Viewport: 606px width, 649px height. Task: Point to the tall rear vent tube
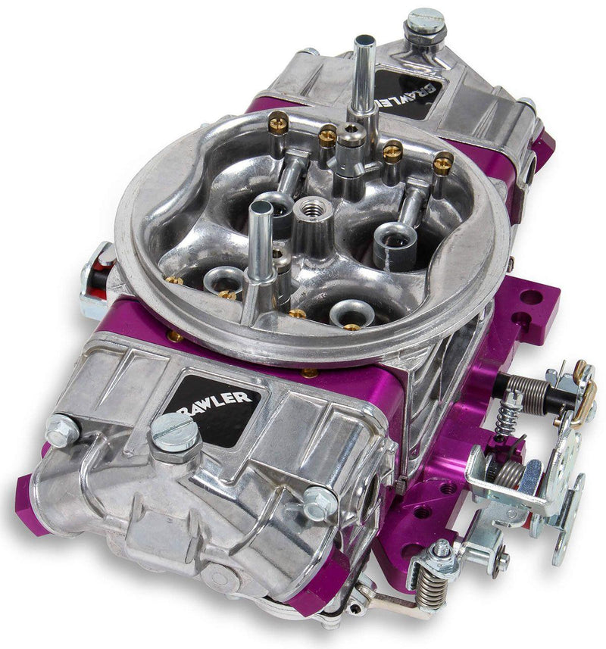click(x=364, y=76)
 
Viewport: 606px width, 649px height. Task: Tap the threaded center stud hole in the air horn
click(x=311, y=206)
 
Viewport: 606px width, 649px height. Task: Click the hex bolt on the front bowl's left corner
click(x=62, y=429)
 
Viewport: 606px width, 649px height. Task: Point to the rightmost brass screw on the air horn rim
click(x=442, y=160)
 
